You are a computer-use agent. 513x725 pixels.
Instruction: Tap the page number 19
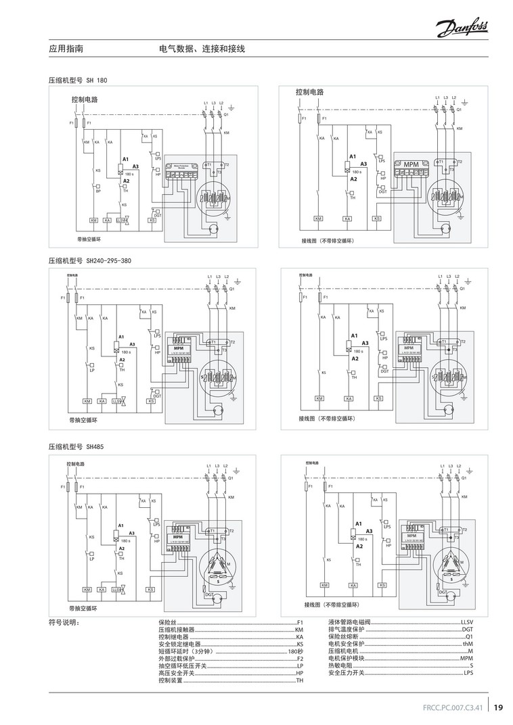498,707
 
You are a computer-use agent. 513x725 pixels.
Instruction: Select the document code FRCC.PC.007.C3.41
453,708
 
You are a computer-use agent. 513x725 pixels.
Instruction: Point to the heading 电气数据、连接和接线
202,49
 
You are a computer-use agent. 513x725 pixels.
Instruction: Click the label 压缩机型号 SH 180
78,80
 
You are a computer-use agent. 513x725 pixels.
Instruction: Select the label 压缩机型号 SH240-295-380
89,260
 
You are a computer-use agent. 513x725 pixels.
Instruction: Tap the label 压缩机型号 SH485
76,447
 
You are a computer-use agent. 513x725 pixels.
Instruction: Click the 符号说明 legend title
64,622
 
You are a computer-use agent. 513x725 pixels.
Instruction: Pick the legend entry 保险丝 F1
231,622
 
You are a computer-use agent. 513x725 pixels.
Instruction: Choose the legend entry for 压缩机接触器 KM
231,630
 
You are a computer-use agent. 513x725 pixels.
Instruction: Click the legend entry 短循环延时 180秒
231,651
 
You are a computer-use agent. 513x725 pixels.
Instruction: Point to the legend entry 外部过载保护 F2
231,659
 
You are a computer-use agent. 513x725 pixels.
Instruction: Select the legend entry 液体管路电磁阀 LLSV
400,622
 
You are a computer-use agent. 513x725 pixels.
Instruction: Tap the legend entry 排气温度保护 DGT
400,630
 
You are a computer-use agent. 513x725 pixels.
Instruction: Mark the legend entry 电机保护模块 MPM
400,659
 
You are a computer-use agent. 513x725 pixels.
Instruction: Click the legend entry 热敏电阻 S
400,666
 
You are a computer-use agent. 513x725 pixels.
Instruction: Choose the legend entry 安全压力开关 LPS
400,674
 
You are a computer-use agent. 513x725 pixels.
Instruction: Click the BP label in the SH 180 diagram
98,191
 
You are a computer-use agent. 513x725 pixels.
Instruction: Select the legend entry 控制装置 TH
231,681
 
